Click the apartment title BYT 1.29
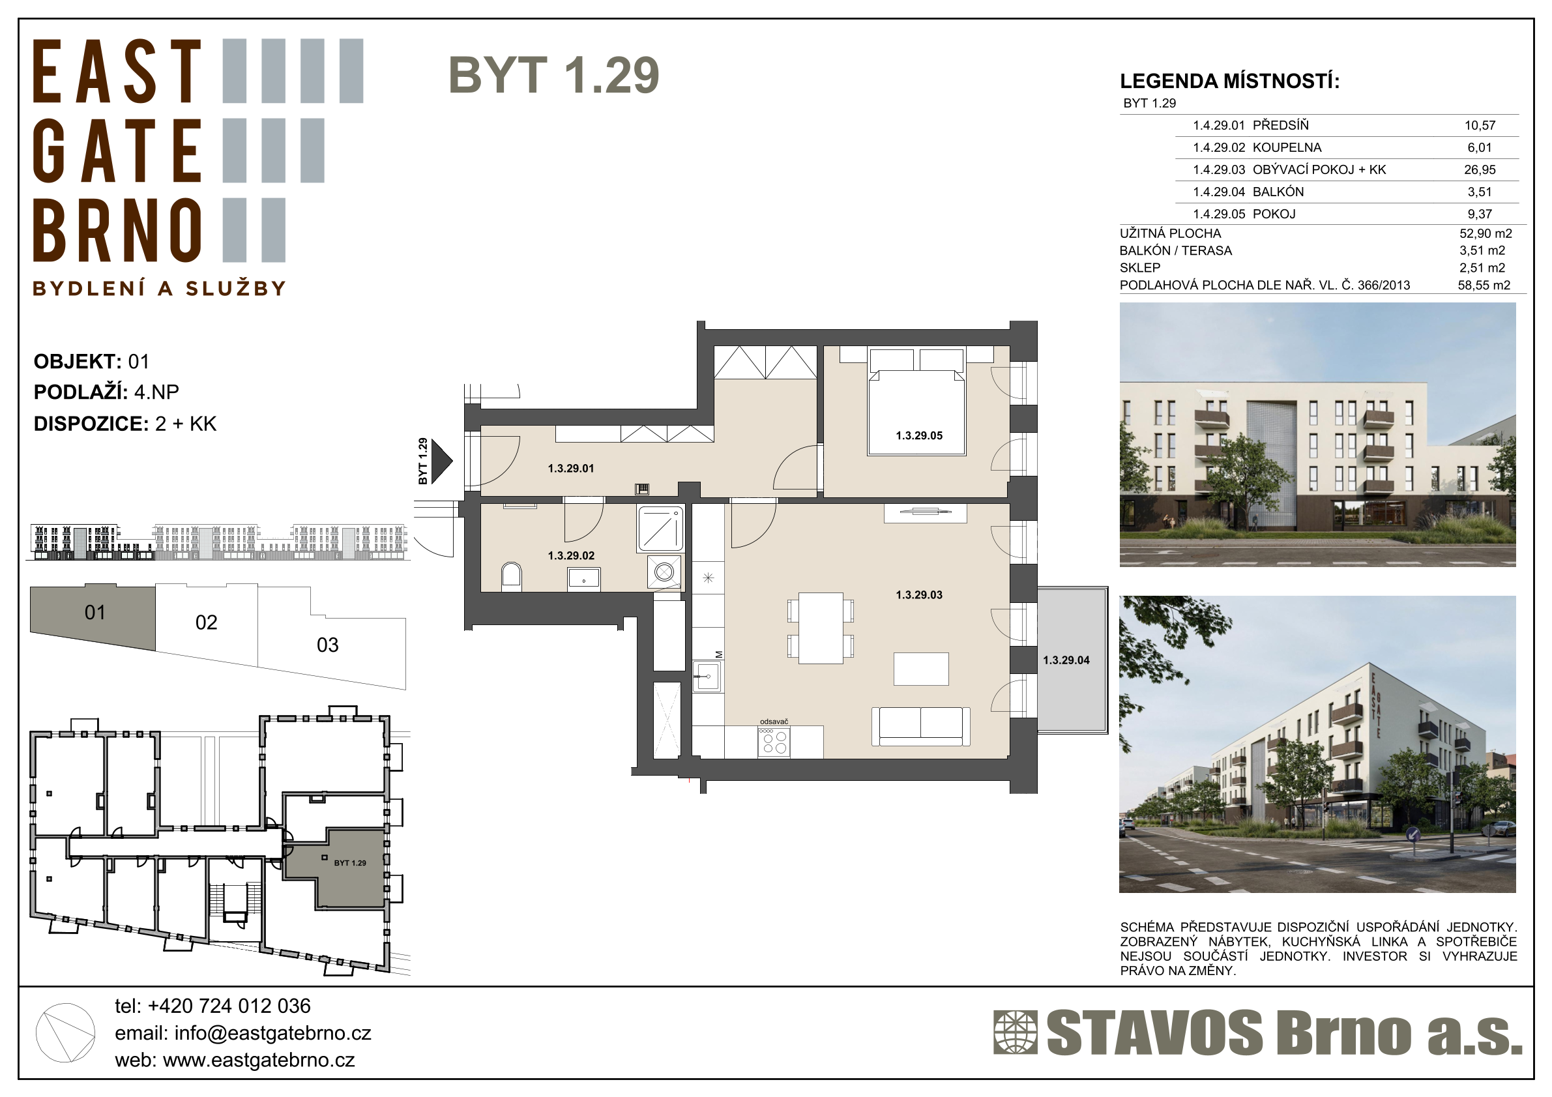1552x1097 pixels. coord(553,75)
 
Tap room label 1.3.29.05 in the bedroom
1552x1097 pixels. coord(918,436)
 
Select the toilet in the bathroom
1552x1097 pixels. coord(511,577)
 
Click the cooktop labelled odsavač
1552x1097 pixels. coord(774,742)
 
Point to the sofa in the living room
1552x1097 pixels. coord(920,726)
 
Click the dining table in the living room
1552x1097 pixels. coord(821,628)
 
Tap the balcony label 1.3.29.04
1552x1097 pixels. coord(1066,660)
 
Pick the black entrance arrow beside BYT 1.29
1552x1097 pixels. coord(441,461)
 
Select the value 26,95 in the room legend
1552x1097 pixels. coord(1480,169)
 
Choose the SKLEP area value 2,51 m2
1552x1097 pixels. coord(1482,268)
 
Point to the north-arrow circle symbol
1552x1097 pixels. coord(65,1032)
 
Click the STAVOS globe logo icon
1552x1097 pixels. coord(1015,1032)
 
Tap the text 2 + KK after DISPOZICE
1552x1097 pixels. coord(186,424)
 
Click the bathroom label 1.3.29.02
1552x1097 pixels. coord(571,555)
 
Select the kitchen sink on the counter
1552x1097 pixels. coord(707,676)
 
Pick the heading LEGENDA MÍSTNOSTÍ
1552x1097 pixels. coord(1229,81)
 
